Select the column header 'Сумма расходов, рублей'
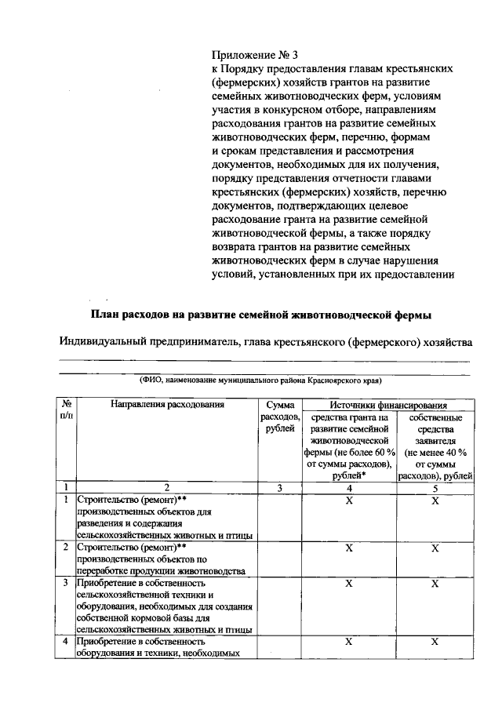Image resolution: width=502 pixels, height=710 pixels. [x=280, y=417]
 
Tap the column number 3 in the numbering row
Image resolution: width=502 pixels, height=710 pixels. [x=280, y=488]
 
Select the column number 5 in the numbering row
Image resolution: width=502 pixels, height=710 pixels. [x=435, y=488]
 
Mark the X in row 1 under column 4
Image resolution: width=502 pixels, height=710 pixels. [x=350, y=501]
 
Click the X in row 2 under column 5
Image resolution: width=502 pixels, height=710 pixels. [x=435, y=548]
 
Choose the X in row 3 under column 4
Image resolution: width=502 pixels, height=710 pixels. [x=350, y=584]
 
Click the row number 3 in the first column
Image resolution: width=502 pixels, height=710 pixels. [x=65, y=584]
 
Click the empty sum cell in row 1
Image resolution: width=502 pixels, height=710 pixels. [x=280, y=518]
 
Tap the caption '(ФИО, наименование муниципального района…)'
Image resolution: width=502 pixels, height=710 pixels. [x=261, y=380]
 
